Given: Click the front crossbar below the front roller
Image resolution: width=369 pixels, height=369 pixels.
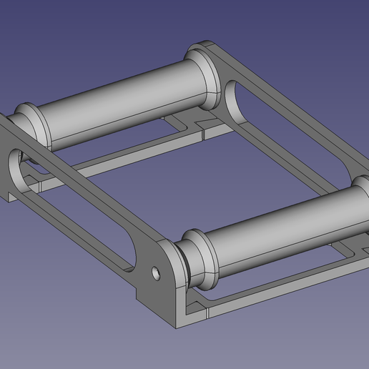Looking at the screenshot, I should pyautogui.click(x=272, y=286).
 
